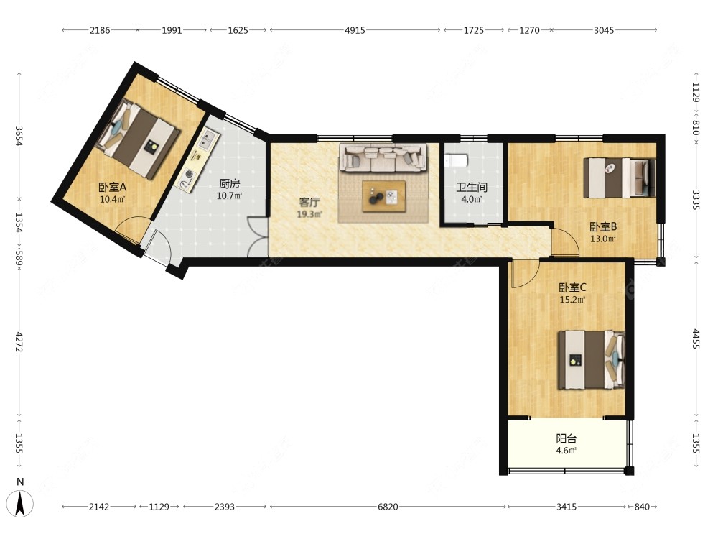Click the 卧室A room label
[x=112, y=187]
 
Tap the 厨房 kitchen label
[x=230, y=184]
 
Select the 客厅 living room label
[x=309, y=203]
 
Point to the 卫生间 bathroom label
[x=472, y=187]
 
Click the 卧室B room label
[x=602, y=226]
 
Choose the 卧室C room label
[x=572, y=287]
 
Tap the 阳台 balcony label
[x=567, y=438]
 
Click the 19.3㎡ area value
[x=309, y=214]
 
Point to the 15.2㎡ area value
[x=572, y=300]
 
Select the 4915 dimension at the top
[x=355, y=30]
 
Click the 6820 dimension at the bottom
[x=388, y=507]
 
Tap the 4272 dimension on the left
[x=19, y=342]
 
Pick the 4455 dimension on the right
[x=696, y=338]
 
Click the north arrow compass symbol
[x=20, y=503]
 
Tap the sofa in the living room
[x=383, y=157]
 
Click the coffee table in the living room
[x=383, y=196]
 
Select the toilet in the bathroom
[x=456, y=160]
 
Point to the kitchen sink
[x=209, y=140]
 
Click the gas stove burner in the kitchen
[x=187, y=179]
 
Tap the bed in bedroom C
[x=591, y=360]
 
